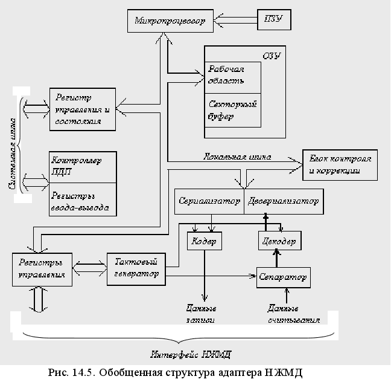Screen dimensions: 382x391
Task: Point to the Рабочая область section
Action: click(x=234, y=76)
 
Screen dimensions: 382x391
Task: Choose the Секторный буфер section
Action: click(x=234, y=109)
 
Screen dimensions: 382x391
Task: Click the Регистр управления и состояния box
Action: click(x=83, y=109)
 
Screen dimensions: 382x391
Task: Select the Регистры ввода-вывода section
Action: click(x=83, y=199)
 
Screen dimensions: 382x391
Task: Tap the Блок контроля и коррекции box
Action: click(x=339, y=164)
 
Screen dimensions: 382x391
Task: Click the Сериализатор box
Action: click(x=209, y=201)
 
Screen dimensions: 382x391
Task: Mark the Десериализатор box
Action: click(x=282, y=201)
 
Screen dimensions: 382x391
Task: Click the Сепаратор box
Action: click(x=282, y=277)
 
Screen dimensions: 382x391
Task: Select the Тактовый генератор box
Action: click(x=136, y=268)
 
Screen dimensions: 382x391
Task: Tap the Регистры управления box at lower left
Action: click(x=43, y=270)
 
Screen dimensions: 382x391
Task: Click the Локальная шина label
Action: click(x=237, y=157)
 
